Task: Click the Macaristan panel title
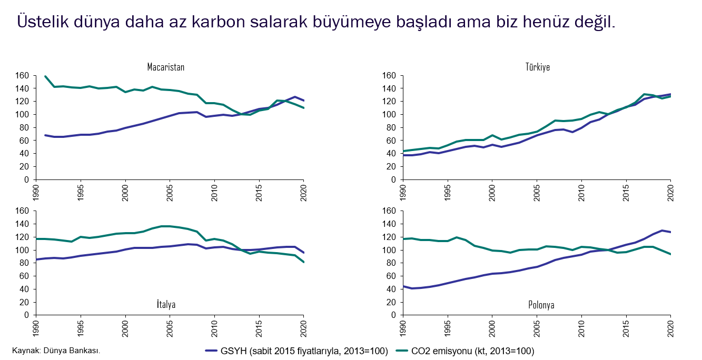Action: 166,67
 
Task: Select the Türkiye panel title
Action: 538,67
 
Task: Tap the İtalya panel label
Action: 166,304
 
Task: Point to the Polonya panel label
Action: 541,305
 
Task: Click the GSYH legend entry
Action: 297,351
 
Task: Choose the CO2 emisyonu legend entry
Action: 465,351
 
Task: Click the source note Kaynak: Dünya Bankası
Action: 56,351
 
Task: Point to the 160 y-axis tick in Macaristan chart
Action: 22,75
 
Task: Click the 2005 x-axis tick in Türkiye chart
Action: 537,193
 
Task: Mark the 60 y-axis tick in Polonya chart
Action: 391,276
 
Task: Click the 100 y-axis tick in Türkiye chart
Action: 389,114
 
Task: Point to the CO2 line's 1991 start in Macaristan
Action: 45,76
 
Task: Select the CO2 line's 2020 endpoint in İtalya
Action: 303,262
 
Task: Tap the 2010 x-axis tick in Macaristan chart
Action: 214,193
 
